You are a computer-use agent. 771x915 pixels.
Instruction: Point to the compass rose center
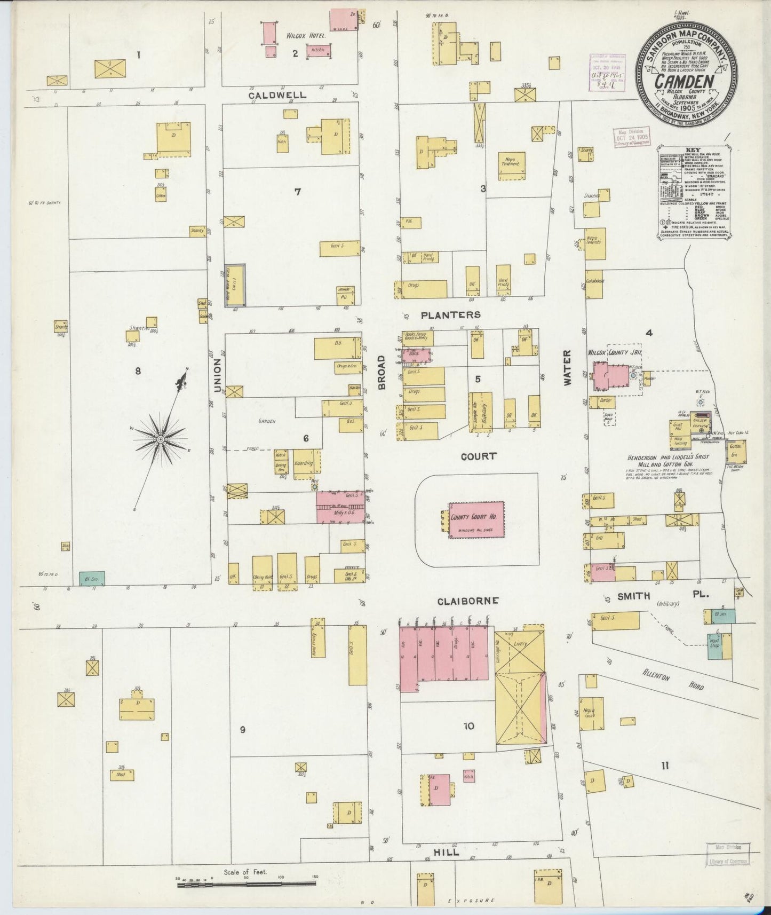[160, 439]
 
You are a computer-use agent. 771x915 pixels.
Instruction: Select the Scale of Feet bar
[248, 885]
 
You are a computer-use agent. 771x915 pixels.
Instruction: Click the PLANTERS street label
[450, 315]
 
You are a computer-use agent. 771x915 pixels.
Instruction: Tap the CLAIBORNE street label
[468, 601]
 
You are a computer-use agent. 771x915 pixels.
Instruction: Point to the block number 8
[138, 370]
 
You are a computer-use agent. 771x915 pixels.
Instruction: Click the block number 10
[468, 726]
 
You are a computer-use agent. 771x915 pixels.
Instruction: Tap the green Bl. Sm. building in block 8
[92, 579]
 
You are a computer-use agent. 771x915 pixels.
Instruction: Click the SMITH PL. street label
[655, 596]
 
